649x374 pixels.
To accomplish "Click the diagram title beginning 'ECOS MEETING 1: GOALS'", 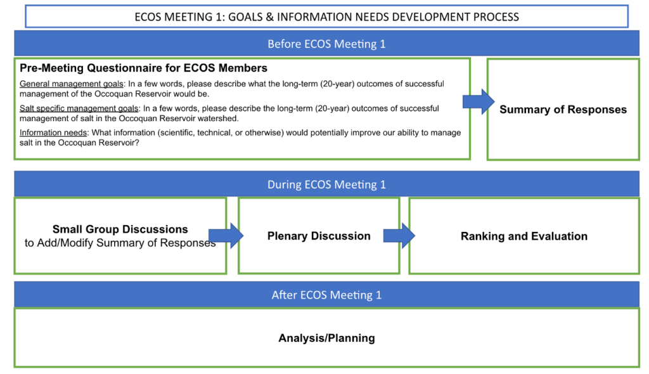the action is pyautogui.click(x=326, y=17).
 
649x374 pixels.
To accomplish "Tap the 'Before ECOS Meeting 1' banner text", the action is pyautogui.click(x=326, y=44).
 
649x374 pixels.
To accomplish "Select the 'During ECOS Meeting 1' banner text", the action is pyautogui.click(x=326, y=184).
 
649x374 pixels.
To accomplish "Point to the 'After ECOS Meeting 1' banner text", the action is pyautogui.click(x=326, y=295).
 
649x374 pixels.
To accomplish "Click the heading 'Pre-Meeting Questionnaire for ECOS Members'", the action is pyautogui.click(x=144, y=68).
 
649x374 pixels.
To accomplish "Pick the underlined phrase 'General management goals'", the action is pyautogui.click(x=72, y=84).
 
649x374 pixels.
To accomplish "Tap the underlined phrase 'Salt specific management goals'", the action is pyautogui.click(x=79, y=108).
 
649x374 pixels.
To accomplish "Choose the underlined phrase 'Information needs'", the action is pyautogui.click(x=53, y=132).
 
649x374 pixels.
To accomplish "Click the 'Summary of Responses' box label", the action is pyautogui.click(x=563, y=109).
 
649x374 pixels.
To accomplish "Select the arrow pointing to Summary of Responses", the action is pyautogui.click(x=479, y=101).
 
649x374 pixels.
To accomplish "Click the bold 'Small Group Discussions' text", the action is pyautogui.click(x=120, y=229).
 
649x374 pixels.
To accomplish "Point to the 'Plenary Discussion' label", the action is pyautogui.click(x=319, y=236).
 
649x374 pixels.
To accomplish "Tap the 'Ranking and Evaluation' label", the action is pyautogui.click(x=524, y=236).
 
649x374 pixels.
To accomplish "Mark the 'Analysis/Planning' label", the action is pyautogui.click(x=326, y=338).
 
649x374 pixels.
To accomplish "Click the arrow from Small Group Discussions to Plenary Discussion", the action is pyautogui.click(x=226, y=236).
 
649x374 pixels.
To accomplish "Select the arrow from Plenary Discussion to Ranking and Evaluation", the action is pyautogui.click(x=399, y=236).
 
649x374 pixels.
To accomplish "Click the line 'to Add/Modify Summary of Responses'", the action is pyautogui.click(x=120, y=243).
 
